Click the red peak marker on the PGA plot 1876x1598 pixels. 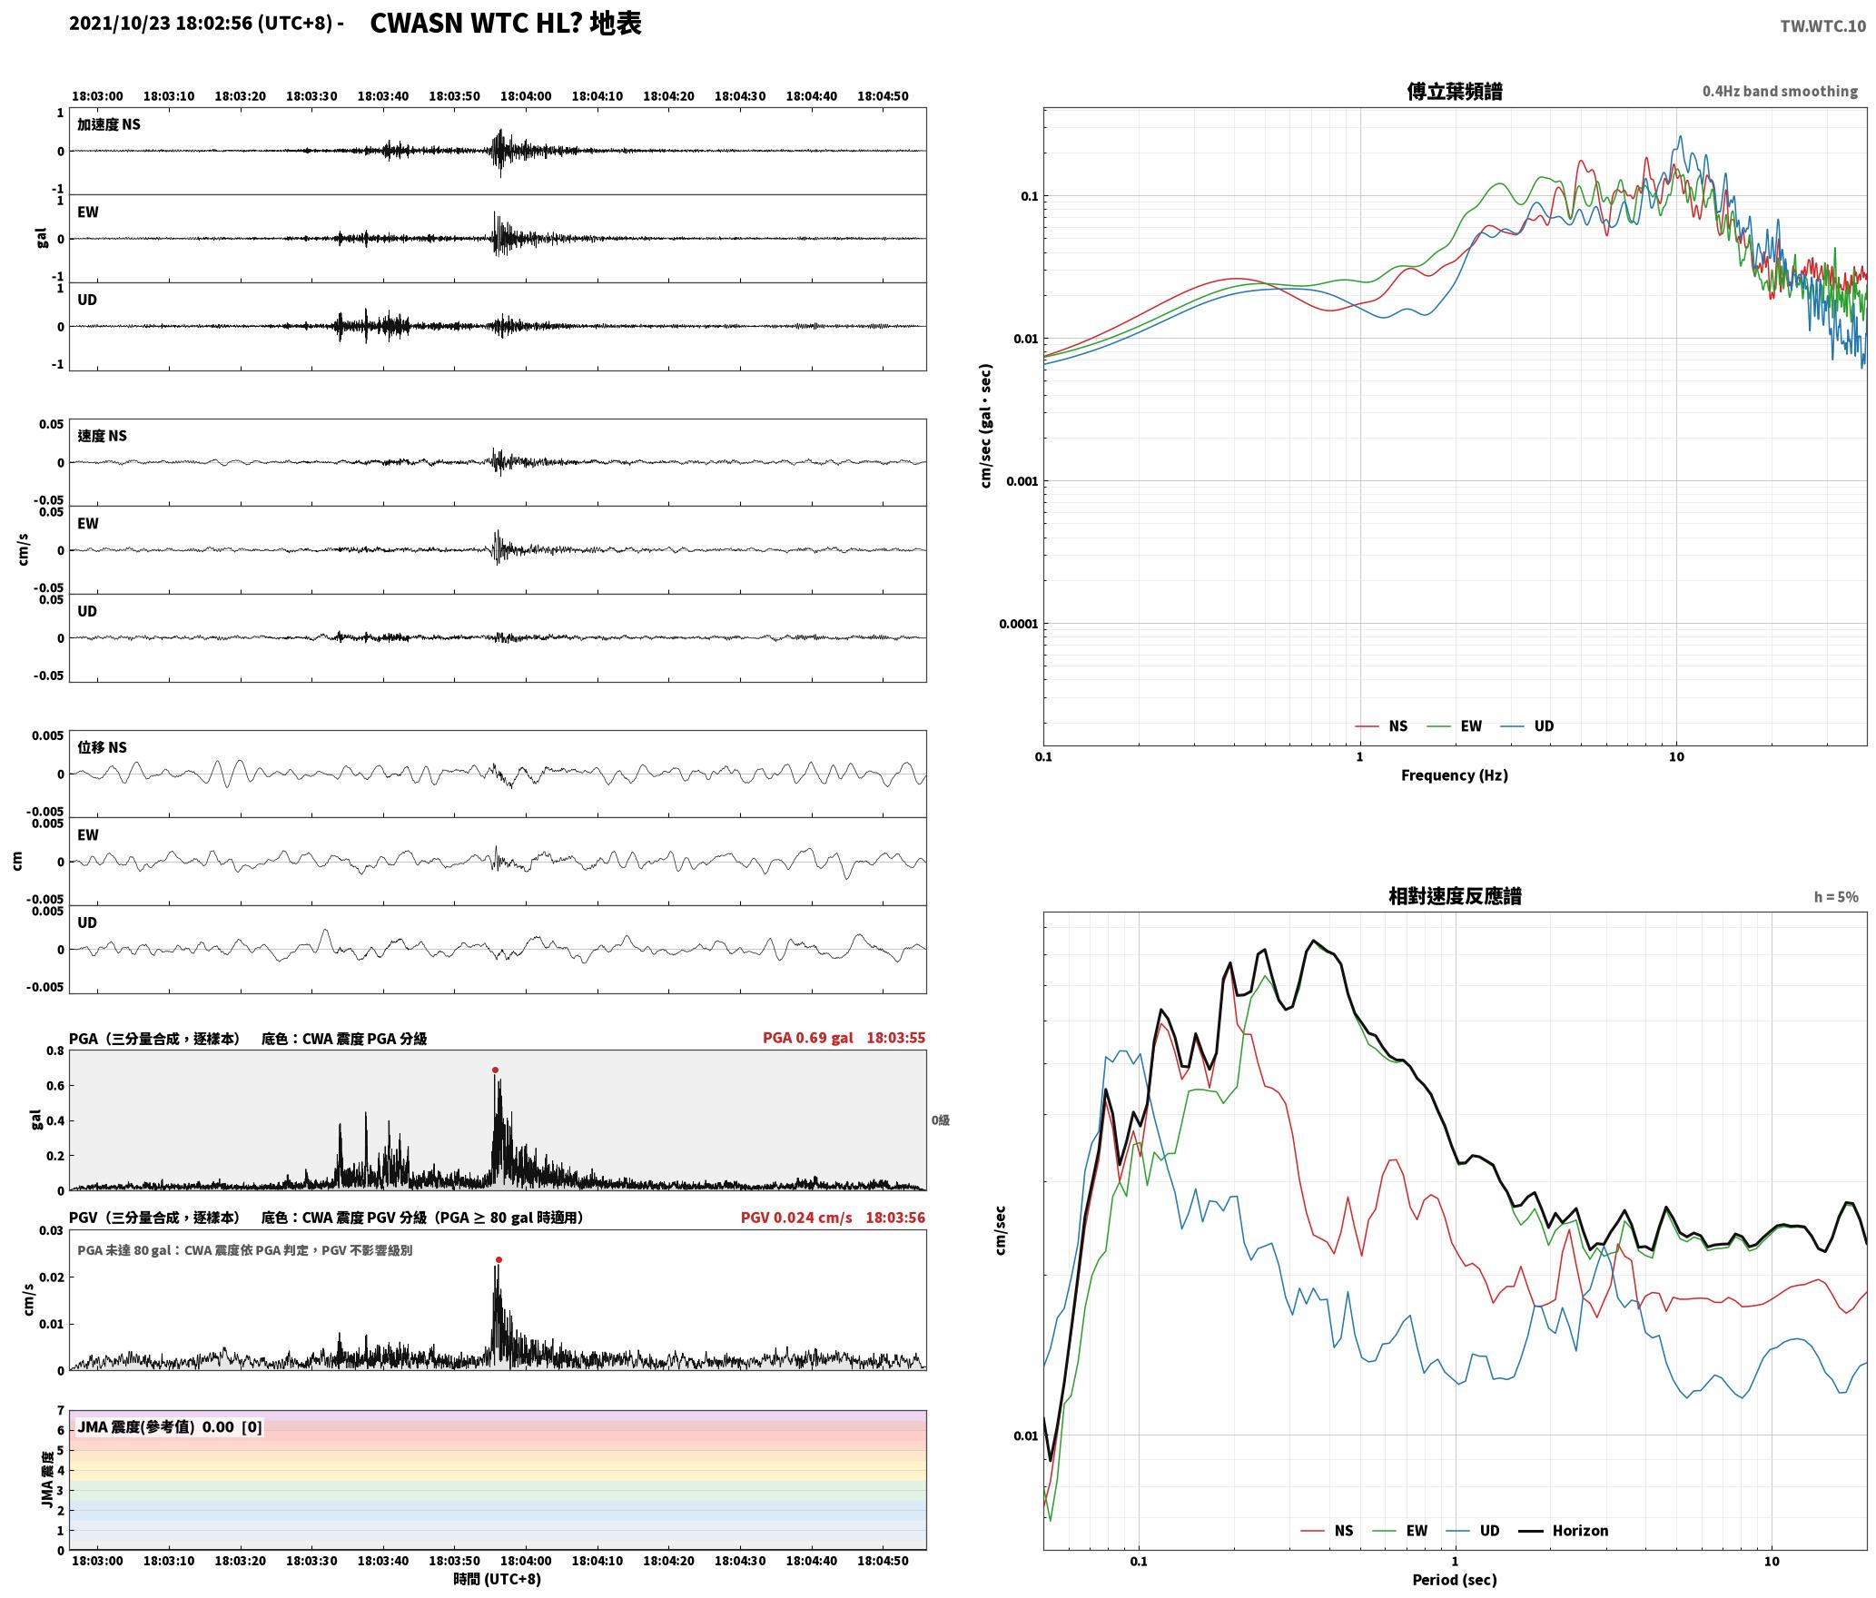point(495,1070)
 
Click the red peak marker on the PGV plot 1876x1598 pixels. point(499,1259)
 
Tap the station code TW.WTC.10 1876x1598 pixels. point(1823,25)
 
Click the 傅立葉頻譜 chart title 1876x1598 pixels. point(1455,91)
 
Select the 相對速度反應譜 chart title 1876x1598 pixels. point(1455,896)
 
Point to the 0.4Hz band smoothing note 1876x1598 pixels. point(1780,91)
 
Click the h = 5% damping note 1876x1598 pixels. point(1836,897)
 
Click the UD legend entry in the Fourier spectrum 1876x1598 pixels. point(1527,725)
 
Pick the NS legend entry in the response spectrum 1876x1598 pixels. point(1327,1530)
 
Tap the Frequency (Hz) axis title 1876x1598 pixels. point(1455,774)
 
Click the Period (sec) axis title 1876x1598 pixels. point(1455,1580)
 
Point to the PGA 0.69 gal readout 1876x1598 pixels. point(808,1037)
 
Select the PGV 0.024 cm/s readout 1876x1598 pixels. point(796,1217)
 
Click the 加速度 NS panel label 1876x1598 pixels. point(109,124)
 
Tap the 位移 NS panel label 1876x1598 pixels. point(103,747)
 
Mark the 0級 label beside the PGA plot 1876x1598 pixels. point(940,1120)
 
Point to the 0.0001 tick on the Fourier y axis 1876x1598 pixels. point(1018,624)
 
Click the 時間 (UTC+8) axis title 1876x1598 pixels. point(498,1579)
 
